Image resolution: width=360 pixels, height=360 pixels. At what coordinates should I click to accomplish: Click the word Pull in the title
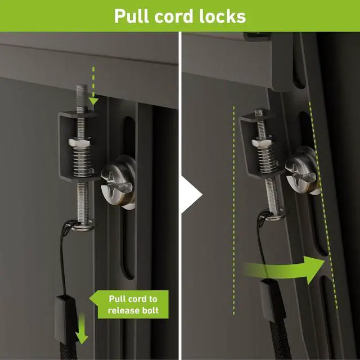click(134, 16)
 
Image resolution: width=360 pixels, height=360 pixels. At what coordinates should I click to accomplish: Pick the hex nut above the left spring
click(82, 144)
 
